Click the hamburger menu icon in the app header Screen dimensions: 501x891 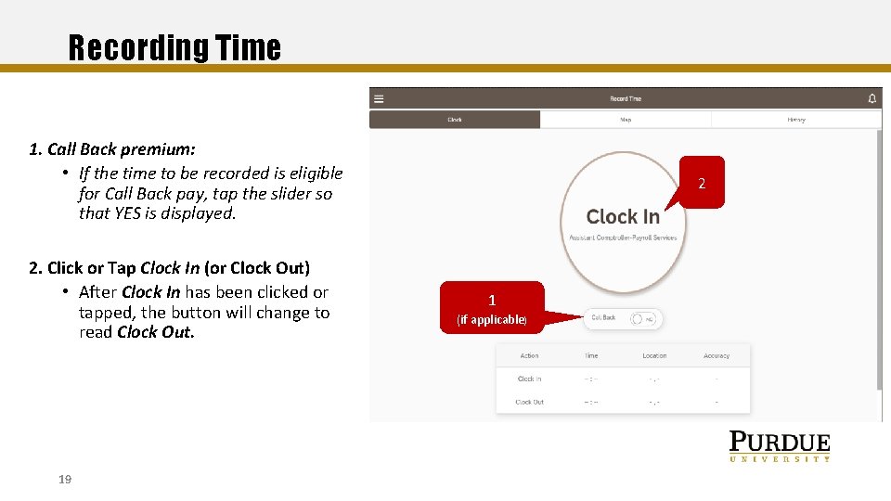[379, 98]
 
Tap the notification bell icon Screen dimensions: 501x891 [872, 98]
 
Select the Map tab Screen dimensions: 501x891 [626, 120]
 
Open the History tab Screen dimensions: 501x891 [795, 120]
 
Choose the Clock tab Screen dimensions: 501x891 [455, 120]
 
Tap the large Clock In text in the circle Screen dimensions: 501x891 [623, 217]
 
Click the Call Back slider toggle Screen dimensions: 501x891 [642, 318]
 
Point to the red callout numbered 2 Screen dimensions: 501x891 [702, 183]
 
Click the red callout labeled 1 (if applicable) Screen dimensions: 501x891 [492, 307]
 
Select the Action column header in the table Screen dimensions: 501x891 [529, 355]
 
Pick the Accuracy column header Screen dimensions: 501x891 [717, 355]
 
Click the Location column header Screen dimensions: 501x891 [654, 355]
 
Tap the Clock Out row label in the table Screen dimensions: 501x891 [529, 402]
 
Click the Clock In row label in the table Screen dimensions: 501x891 [529, 379]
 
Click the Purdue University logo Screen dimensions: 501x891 [779, 446]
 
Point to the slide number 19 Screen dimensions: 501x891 [65, 480]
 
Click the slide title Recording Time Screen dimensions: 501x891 [174, 47]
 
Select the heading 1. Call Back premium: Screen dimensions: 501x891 [112, 149]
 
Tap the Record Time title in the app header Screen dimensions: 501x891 [626, 98]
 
